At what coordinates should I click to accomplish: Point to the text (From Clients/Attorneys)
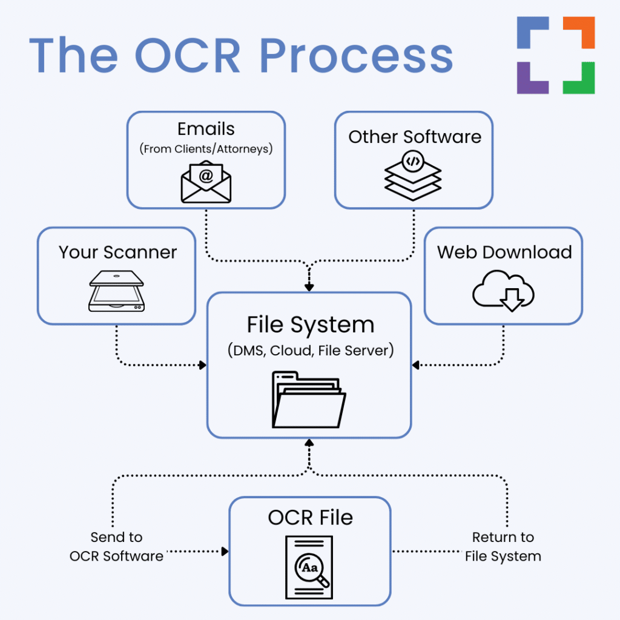coord(206,148)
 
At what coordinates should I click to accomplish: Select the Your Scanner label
coord(117,252)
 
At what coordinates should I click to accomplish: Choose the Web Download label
coord(504,252)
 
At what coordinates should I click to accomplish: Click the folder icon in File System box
coord(309,400)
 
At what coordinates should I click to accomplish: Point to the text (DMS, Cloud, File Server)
coord(310,350)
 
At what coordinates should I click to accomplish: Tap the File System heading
coord(310,325)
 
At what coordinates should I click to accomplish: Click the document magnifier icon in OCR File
coord(309,567)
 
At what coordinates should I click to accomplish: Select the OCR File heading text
coord(310,518)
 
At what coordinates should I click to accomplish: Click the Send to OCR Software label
coord(116,547)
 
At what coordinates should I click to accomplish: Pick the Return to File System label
coord(503,547)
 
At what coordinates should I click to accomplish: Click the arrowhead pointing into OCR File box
coord(225,552)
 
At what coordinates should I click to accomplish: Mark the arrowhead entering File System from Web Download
coord(416,365)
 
